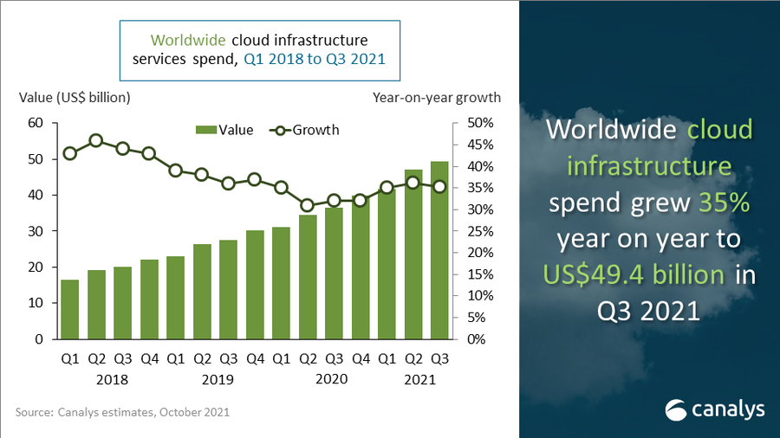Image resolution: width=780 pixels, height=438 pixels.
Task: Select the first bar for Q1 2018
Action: click(x=69, y=309)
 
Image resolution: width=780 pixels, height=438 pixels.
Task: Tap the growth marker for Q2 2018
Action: click(x=96, y=140)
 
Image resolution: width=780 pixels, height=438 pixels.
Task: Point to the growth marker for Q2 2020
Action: click(x=307, y=205)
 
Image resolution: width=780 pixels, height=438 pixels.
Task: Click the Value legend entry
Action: click(x=227, y=130)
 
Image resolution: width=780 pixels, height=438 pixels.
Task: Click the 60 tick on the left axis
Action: click(x=36, y=123)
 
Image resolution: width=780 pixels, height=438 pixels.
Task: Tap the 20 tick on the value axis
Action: click(x=36, y=267)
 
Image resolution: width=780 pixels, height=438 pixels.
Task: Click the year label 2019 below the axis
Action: click(x=216, y=379)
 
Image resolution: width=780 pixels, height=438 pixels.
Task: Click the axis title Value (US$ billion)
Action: click(x=75, y=98)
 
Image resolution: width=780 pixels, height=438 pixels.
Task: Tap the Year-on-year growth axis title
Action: click(x=437, y=98)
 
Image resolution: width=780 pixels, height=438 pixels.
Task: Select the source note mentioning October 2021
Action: click(x=122, y=413)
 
